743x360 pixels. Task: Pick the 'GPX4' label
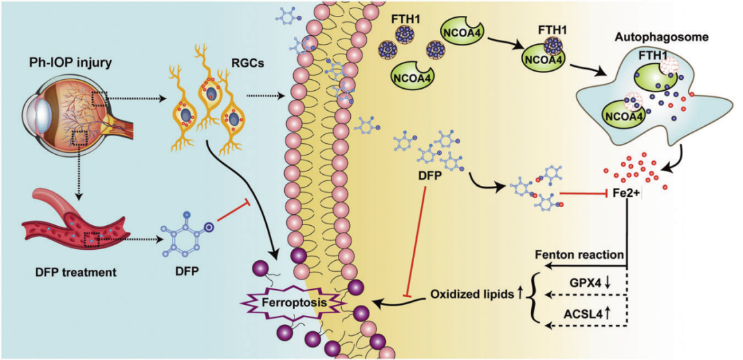(587, 281)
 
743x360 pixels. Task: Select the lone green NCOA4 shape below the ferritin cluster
(410, 75)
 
